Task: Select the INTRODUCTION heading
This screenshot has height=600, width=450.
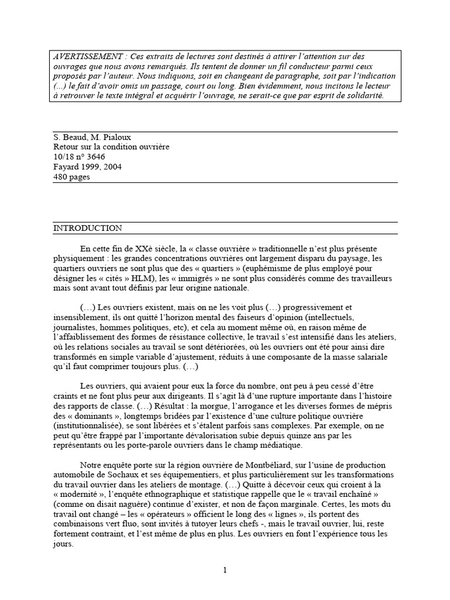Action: pos(88,229)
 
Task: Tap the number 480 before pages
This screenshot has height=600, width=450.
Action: pos(61,178)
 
